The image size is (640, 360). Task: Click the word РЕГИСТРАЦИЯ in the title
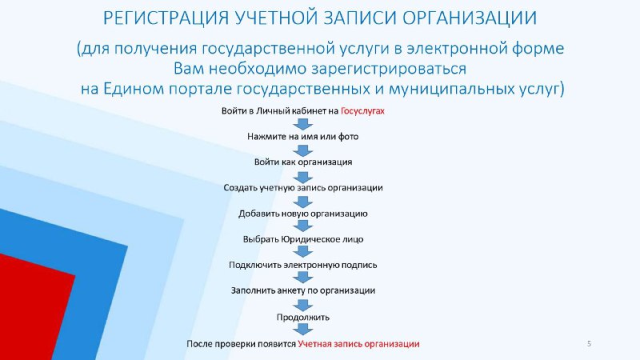coord(166,18)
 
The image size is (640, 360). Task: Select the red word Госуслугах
coord(362,111)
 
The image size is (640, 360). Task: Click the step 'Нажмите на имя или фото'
coord(303,136)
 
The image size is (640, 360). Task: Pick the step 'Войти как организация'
coord(303,162)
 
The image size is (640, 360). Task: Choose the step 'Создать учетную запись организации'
coord(303,188)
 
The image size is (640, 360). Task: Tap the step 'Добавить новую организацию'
coord(303,214)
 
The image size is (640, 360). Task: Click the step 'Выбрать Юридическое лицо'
coord(303,239)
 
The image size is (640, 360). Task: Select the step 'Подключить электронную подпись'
coord(303,265)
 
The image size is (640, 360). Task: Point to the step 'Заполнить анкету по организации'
coord(303,290)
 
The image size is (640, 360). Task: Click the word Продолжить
coord(303,317)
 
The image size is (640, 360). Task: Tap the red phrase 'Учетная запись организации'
coord(358,344)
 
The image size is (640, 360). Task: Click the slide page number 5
coord(589,344)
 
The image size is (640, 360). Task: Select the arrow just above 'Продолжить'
coord(303,305)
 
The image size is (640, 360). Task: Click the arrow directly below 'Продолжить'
coord(303,330)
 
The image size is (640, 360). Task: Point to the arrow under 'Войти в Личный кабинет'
coord(303,124)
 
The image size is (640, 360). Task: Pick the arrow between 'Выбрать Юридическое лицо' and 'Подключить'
coord(303,252)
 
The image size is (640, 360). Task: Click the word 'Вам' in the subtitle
coord(189,69)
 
